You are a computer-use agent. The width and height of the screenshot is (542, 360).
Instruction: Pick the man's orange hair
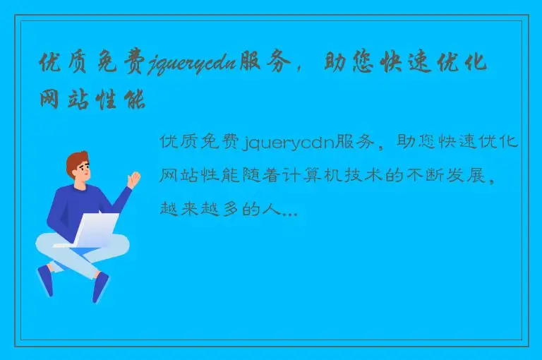(x=76, y=162)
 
